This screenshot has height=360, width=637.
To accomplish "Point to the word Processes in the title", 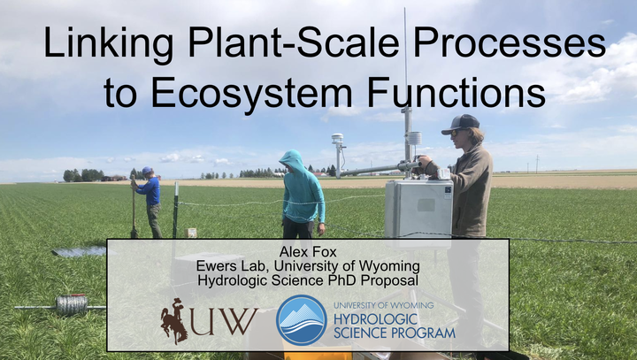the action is tap(510, 42).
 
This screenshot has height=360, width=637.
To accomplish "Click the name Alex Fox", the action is tap(308, 252).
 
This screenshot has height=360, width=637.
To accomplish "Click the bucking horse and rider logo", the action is tap(174, 321).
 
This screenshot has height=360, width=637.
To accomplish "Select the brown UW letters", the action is tap(224, 322).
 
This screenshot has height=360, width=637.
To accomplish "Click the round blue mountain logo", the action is tap(302, 320).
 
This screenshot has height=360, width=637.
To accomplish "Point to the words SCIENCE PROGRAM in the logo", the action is tap(395, 333).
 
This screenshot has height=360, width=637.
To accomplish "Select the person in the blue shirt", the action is tap(148, 202).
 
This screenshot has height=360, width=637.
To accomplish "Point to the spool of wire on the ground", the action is tap(72, 305).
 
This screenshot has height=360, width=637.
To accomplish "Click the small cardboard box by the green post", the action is tap(190, 233).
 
